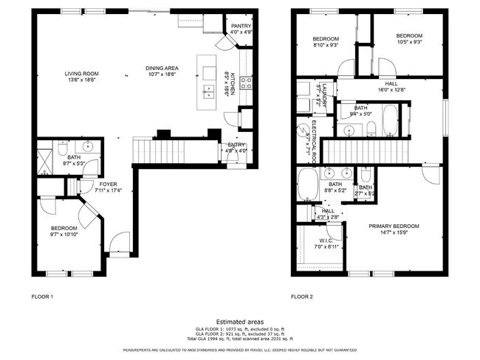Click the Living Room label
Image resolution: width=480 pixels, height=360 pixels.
pyautogui.click(x=81, y=73)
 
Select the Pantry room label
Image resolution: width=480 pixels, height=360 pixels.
pyautogui.click(x=240, y=26)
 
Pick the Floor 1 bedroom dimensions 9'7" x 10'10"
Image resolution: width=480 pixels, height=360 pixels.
pyautogui.click(x=63, y=234)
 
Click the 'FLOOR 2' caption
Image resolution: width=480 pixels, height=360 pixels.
pyautogui.click(x=301, y=296)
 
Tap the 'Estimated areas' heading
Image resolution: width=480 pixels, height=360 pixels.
pyautogui.click(x=239, y=322)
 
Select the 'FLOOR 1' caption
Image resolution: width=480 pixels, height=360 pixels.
pyautogui.click(x=42, y=296)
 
